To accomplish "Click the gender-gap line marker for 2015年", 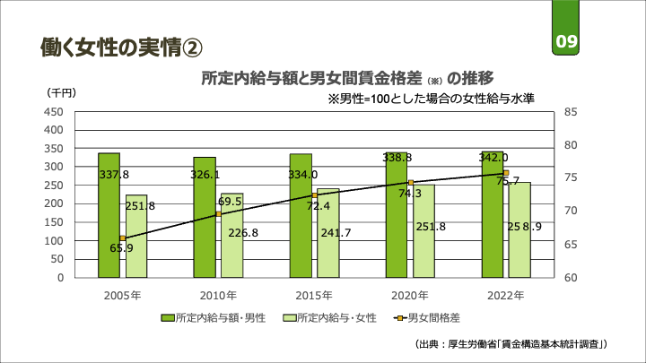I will pos(315,195).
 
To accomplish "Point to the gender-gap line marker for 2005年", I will pos(122,238).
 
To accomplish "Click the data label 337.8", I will pos(114,175).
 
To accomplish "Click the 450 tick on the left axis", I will pos(53,112).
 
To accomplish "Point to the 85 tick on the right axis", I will pos(572,112).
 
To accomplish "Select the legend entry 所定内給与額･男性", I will pos(213,317).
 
